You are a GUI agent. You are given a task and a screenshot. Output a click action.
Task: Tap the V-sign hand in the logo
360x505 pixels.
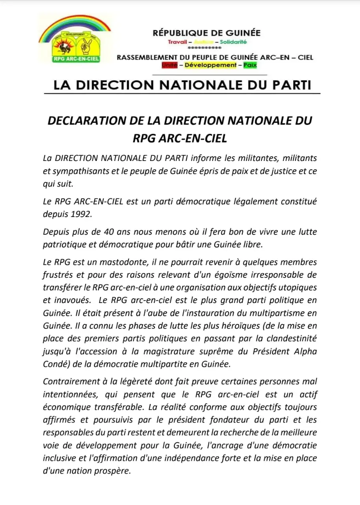(86, 47)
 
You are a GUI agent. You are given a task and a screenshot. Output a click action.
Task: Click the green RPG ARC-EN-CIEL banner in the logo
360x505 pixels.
(76, 59)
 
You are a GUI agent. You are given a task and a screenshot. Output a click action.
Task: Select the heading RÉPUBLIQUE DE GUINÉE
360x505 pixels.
(206, 33)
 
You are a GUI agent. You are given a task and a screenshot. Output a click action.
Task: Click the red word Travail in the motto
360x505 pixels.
(177, 42)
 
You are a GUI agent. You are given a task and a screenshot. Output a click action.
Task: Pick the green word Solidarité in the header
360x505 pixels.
(233, 42)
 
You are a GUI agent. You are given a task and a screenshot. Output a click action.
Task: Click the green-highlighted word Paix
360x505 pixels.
(249, 65)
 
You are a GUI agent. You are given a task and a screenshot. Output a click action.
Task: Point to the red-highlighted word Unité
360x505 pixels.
(170, 65)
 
